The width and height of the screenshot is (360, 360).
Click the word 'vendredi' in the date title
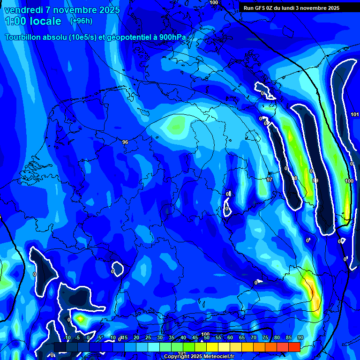pyautogui.click(x=24, y=10)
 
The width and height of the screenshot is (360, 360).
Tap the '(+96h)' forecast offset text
pyautogui.click(x=81, y=21)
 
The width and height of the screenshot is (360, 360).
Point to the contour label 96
pyautogui.click(x=125, y=142)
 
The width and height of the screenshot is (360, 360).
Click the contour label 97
pyautogui.click(x=269, y=180)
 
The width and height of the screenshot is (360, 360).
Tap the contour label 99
pyautogui.click(x=315, y=180)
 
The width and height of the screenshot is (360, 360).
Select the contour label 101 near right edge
pyautogui.click(x=355, y=114)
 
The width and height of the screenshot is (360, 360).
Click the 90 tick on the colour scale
pyautogui.click(x=300, y=337)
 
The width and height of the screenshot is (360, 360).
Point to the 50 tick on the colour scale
pyautogui.click(x=207, y=337)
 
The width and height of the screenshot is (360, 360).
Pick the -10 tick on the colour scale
pyautogui.click(x=67, y=337)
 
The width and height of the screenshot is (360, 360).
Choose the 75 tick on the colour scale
pyautogui.click(x=265, y=337)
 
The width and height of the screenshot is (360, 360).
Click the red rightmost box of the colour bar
pyautogui.click(x=294, y=347)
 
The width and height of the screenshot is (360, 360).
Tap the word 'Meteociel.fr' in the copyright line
pyautogui.click(x=218, y=357)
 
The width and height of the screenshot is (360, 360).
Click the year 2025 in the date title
pyautogui.click(x=106, y=10)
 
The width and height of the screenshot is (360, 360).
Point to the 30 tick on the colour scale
pyautogui.click(x=160, y=337)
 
